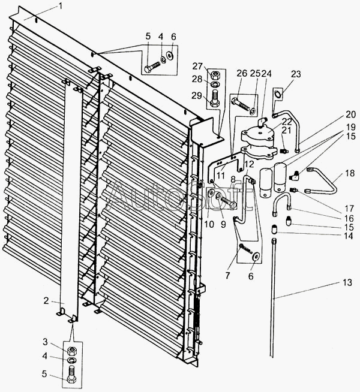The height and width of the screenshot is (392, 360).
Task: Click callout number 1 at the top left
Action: tap(60, 6)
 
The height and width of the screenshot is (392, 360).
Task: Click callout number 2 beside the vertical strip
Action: tap(46, 301)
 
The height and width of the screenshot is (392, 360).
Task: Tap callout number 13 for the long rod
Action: tap(347, 282)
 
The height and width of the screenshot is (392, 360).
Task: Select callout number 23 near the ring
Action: tap(296, 74)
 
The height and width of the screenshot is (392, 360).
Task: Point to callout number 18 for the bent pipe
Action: tap(350, 173)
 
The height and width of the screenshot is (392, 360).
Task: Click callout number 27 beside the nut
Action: tap(197, 67)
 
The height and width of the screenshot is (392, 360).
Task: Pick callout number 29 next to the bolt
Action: tap(197, 95)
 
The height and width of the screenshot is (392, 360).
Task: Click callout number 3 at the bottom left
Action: tap(45, 342)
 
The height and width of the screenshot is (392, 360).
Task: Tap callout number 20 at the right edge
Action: tap(351, 114)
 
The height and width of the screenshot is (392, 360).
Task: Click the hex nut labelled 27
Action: tap(214, 74)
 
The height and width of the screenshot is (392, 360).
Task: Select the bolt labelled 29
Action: tap(214, 98)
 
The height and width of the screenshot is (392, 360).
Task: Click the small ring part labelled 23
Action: tap(278, 95)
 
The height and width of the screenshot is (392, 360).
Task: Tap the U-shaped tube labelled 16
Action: tap(282, 202)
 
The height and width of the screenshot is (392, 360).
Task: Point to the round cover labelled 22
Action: tap(258, 132)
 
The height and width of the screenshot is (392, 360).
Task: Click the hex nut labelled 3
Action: tap(72, 351)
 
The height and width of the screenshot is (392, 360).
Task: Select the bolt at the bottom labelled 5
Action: tap(72, 374)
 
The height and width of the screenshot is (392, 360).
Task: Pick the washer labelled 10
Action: tap(211, 193)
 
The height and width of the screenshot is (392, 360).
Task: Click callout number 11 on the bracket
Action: tap(221, 175)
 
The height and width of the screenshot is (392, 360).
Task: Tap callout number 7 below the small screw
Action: tap(227, 276)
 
